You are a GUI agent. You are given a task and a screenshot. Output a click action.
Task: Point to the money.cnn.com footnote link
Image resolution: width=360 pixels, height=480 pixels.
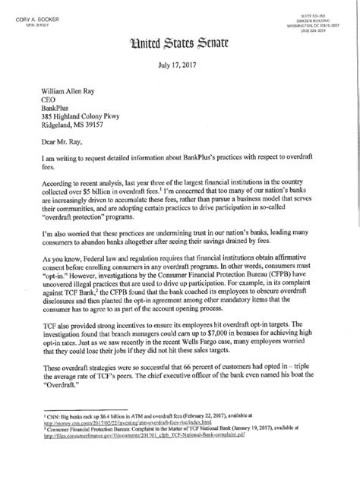(114, 458)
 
